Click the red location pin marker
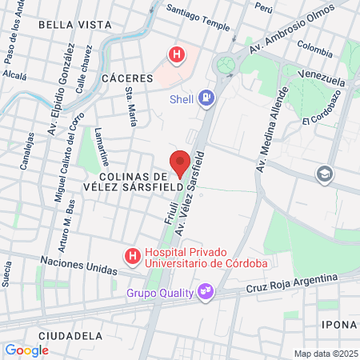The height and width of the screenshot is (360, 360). tap(180, 162)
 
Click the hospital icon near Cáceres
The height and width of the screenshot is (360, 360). tap(175, 54)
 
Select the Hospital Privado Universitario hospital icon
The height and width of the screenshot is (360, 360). tap(130, 256)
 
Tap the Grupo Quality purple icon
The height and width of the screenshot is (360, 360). tap(206, 291)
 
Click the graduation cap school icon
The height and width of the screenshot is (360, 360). tap(324, 174)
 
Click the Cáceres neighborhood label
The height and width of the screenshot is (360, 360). tap(127, 78)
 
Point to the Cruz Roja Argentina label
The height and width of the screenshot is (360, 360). tap(292, 283)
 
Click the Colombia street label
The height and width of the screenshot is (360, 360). tap(314, 50)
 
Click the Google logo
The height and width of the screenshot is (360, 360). tap(26, 350)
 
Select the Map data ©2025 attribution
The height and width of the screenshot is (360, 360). tap(325, 354)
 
